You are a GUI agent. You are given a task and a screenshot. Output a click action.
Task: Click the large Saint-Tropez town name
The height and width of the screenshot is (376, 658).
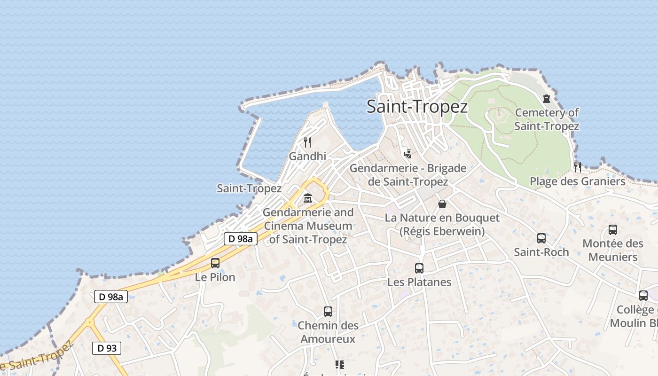417,107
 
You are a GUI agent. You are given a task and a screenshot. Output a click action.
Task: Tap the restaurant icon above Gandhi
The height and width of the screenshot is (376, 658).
307,142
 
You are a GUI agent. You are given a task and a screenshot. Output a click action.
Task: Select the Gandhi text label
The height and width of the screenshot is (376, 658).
307,156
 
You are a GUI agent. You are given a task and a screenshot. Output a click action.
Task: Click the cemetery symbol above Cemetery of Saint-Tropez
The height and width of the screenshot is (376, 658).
546,99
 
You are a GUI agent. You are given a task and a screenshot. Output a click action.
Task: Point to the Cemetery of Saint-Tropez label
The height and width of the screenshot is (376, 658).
547,119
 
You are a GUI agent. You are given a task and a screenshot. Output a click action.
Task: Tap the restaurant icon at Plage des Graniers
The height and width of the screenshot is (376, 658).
578,167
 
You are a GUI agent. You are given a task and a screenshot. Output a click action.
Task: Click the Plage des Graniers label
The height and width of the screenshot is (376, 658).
578,181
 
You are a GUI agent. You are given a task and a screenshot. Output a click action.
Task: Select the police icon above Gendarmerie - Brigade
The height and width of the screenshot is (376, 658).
407,153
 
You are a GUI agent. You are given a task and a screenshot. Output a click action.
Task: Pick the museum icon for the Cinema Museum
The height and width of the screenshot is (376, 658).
308,198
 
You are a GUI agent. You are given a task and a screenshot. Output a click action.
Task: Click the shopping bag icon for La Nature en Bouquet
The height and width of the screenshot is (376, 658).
442,204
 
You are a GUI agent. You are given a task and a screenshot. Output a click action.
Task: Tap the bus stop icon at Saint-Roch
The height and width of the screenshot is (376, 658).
541,238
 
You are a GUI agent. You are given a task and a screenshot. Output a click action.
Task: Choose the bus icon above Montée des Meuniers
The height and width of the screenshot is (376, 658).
613,230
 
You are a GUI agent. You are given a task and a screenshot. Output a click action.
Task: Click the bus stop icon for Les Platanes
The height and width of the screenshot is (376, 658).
419,268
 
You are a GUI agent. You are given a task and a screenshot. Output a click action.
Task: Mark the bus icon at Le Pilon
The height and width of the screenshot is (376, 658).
215,263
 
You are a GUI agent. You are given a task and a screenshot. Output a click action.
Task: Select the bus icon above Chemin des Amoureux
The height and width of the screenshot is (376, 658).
328,311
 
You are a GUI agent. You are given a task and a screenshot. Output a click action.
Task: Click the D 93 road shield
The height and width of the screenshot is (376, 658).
107,348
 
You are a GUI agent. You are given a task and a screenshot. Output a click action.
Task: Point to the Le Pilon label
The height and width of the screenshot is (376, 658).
215,277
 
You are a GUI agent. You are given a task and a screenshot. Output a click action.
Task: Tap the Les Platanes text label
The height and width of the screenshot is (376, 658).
419,282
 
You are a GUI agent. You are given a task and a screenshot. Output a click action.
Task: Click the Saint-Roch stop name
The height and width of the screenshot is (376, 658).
541,252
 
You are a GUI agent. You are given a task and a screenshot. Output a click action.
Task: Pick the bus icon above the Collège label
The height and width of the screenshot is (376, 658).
643,296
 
